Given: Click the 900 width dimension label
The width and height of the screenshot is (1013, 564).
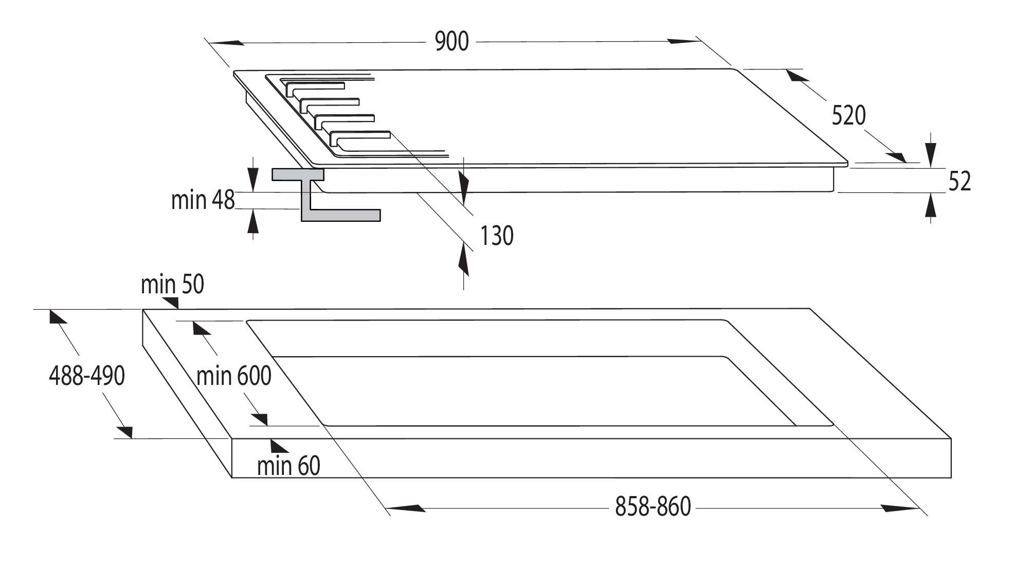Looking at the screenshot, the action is point(452,42).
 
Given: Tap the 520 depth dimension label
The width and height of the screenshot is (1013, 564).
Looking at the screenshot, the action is point(849,116).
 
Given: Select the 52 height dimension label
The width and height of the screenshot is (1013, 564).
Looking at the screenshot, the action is point(960,182).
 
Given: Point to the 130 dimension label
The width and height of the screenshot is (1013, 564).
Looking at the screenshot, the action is point(497,236).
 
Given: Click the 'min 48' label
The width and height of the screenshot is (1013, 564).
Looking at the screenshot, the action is point(203,200).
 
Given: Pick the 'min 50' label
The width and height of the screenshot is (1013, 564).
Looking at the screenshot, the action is point(172,284).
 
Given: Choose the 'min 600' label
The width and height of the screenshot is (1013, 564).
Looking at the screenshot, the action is point(234,376).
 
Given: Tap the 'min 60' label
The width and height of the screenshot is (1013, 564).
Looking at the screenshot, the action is point(288,466).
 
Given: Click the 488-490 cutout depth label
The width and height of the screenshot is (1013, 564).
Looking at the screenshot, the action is point(87,376).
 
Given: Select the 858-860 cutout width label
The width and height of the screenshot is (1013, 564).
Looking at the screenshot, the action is point(653,507).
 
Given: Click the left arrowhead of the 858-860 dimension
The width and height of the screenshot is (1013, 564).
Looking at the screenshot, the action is point(406,508).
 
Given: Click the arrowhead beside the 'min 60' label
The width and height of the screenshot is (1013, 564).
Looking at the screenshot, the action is point(279,446).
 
